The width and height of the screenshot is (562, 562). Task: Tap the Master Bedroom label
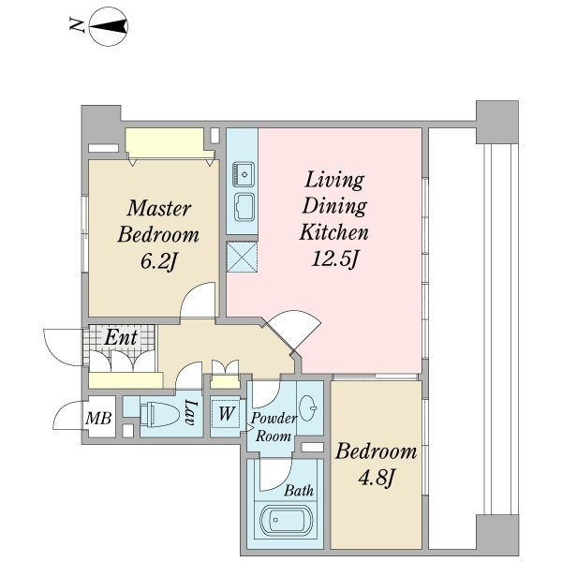pos(158,221)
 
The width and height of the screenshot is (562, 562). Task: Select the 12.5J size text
pos(334,259)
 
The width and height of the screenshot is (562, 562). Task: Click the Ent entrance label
pos(121,337)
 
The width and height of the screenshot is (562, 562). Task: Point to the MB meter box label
pos(98,418)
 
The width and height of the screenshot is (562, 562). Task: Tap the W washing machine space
pos(226,414)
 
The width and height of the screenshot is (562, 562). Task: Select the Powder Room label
pos(274,427)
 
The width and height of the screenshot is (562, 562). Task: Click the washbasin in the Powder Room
pos(308,407)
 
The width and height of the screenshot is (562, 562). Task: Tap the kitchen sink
pos(244,174)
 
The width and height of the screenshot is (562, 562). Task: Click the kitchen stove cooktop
pos(244,207)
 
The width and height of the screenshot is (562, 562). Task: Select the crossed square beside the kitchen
pos(243,257)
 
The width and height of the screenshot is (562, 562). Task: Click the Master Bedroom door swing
pos(197,300)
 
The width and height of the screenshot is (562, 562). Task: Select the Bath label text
pos(299,490)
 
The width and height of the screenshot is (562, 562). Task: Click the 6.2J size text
pos(158,261)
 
